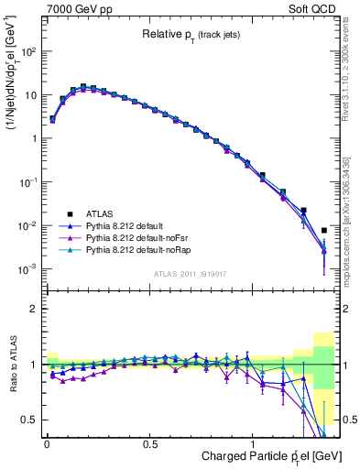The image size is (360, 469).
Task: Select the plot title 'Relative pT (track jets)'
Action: (192, 36)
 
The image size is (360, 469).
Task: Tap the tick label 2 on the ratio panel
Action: (34, 309)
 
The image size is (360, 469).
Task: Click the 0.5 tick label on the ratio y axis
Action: (29, 420)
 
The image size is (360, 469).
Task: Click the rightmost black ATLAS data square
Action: (324, 231)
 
